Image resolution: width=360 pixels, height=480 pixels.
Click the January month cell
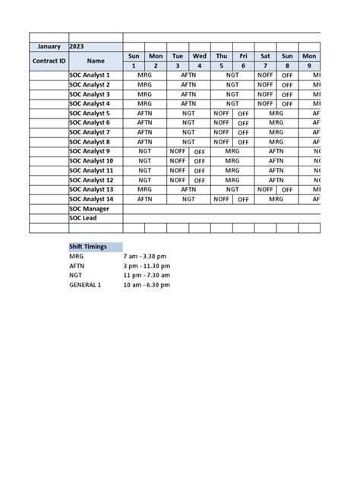click(49, 46)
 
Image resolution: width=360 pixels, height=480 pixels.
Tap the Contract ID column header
click(49, 61)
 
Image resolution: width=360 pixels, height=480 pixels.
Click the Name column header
click(96, 61)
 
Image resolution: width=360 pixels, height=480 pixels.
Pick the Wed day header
click(200, 56)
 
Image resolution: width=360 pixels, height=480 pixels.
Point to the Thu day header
click(221, 56)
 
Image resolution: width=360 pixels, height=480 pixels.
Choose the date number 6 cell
click(243, 66)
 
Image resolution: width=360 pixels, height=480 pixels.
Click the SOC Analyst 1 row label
click(90, 75)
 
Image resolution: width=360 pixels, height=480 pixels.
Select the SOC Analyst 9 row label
click(90, 151)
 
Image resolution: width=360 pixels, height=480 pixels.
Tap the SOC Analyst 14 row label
click(91, 199)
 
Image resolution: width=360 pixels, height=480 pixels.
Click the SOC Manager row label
click(89, 208)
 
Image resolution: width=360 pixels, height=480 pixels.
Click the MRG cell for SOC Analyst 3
click(144, 94)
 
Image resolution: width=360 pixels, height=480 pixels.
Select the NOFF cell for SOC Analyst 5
click(221, 113)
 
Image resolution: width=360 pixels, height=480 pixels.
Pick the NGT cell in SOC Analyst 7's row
click(188, 132)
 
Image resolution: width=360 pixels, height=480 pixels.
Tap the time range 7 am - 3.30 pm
click(147, 257)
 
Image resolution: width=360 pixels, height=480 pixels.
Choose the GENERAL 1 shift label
click(84, 285)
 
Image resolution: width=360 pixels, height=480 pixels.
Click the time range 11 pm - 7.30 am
click(148, 276)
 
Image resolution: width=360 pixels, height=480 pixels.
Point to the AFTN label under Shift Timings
click(77, 267)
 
